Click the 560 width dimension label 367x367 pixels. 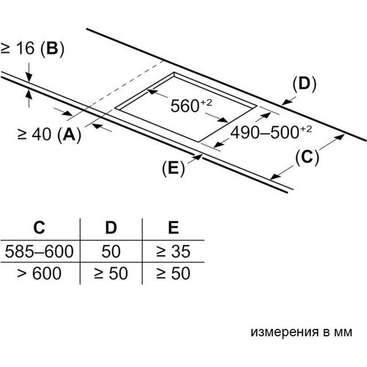click(x=188, y=106)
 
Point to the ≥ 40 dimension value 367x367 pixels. click(x=34, y=135)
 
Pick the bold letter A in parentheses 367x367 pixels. click(x=69, y=135)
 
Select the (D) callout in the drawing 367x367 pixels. click(x=304, y=84)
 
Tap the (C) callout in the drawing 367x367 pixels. click(x=307, y=157)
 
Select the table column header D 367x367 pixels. click(x=110, y=228)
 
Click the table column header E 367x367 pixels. click(x=173, y=228)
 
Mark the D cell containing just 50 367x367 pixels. click(x=110, y=252)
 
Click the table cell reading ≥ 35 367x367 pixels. click(x=173, y=252)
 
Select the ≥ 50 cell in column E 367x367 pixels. click(x=173, y=274)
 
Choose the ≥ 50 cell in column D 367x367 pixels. click(x=110, y=274)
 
